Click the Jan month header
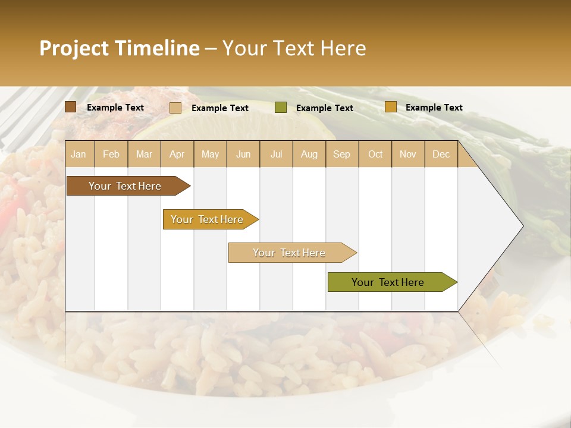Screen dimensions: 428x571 tap(79, 154)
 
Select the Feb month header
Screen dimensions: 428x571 tap(111, 154)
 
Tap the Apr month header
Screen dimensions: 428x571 tap(177, 154)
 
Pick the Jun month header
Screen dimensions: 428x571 tap(243, 154)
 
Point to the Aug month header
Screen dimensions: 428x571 tap(309, 154)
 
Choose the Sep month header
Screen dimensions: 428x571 tap(341, 154)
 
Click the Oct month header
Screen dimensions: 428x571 tap(375, 154)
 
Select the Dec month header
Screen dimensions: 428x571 tap(441, 154)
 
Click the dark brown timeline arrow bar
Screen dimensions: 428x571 tap(126, 186)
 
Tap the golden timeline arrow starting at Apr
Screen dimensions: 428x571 tap(208, 219)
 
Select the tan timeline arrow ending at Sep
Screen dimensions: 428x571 tap(290, 253)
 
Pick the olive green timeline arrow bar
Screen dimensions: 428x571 tap(388, 282)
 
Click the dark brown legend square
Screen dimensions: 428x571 tap(71, 107)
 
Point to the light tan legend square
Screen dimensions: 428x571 tap(175, 108)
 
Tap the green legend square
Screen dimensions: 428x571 tap(281, 108)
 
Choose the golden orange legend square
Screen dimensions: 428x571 tap(390, 107)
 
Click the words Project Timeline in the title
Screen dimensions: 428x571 tap(119, 48)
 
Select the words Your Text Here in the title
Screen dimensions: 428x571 tap(294, 48)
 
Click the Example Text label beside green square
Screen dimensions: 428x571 tap(324, 108)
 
